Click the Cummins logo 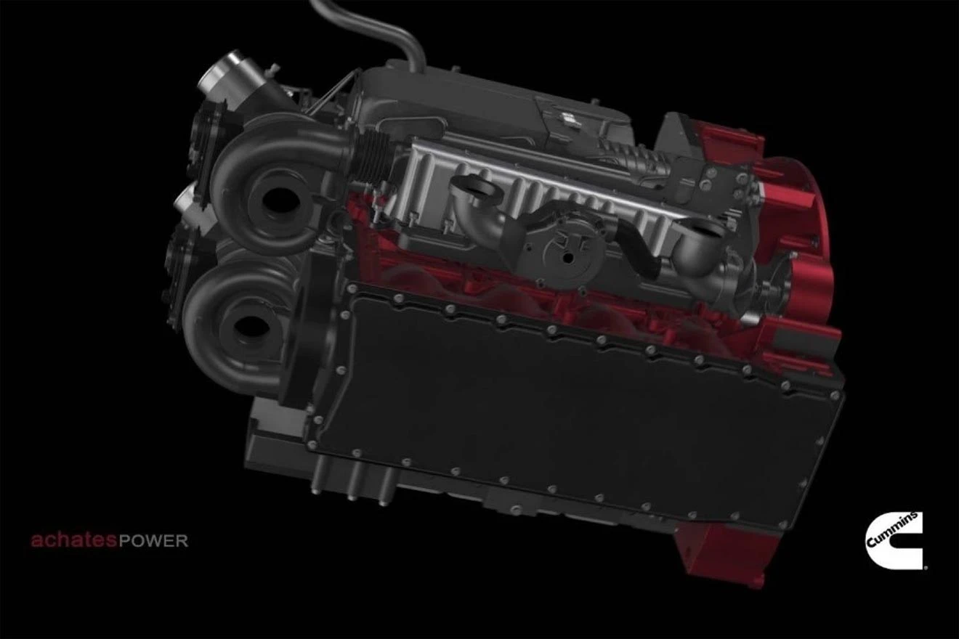[895, 540]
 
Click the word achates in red [73, 540]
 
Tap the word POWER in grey [153, 542]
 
